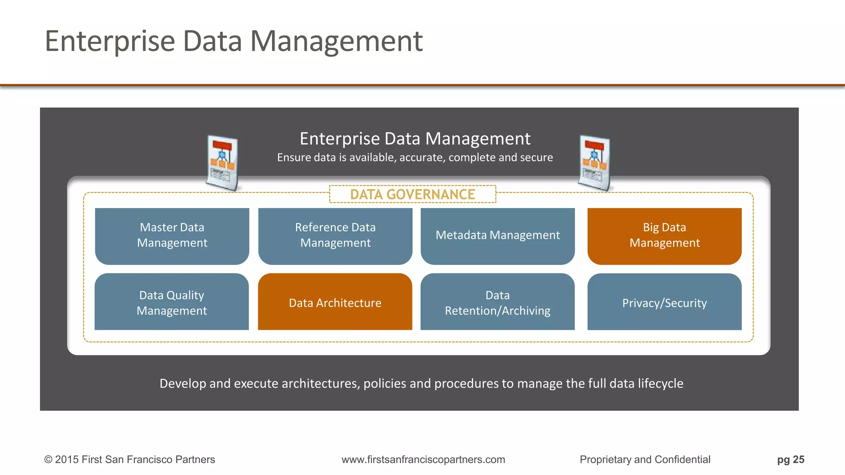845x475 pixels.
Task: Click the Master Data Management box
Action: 172,235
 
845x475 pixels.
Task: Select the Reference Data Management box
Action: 335,235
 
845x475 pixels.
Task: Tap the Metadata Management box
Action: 498,235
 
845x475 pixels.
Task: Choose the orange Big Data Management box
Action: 664,235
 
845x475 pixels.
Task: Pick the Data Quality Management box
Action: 172,302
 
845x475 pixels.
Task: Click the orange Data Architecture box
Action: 335,302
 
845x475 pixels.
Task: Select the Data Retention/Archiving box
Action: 498,302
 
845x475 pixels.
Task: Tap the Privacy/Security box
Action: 664,302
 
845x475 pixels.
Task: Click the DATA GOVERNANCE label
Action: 413,194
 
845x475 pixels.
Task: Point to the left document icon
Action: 222,163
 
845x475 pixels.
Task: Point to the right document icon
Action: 594,163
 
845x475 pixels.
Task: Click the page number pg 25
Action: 791,459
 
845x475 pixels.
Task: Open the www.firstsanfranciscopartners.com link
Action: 423,459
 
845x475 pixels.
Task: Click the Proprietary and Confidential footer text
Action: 645,459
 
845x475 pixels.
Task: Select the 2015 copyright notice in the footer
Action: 130,459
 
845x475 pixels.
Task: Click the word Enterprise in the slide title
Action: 110,41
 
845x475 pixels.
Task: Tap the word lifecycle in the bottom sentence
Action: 660,383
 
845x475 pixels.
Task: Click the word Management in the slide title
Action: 336,41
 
